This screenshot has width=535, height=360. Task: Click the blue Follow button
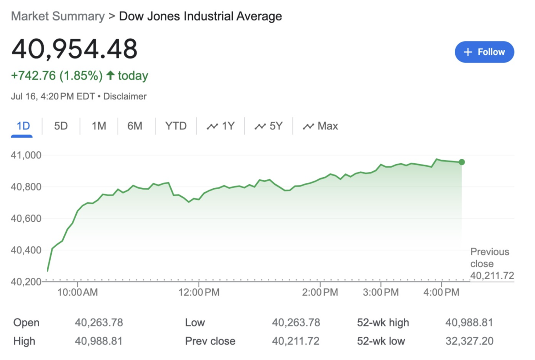click(x=484, y=52)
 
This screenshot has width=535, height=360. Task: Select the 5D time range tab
click(x=61, y=126)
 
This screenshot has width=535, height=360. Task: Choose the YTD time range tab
click(x=176, y=126)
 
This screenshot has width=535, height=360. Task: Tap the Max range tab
click(x=321, y=126)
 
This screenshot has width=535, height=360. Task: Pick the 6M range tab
click(x=135, y=126)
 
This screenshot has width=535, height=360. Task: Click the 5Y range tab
click(x=268, y=126)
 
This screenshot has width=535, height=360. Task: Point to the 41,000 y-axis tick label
click(x=26, y=155)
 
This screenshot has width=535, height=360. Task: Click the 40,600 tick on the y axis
click(x=26, y=219)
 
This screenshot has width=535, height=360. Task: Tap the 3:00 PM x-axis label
click(x=381, y=293)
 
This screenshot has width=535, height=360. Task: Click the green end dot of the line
click(x=462, y=162)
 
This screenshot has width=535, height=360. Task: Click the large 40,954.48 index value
click(x=74, y=49)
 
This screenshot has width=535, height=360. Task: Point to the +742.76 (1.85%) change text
click(x=57, y=76)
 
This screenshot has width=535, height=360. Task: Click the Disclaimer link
click(x=125, y=96)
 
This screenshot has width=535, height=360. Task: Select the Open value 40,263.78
click(x=99, y=323)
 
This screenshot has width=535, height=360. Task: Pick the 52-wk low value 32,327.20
click(x=469, y=341)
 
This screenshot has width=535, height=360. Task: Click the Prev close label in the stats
click(x=210, y=341)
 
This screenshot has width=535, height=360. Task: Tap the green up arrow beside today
click(x=110, y=76)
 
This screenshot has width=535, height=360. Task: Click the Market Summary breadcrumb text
click(x=58, y=17)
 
